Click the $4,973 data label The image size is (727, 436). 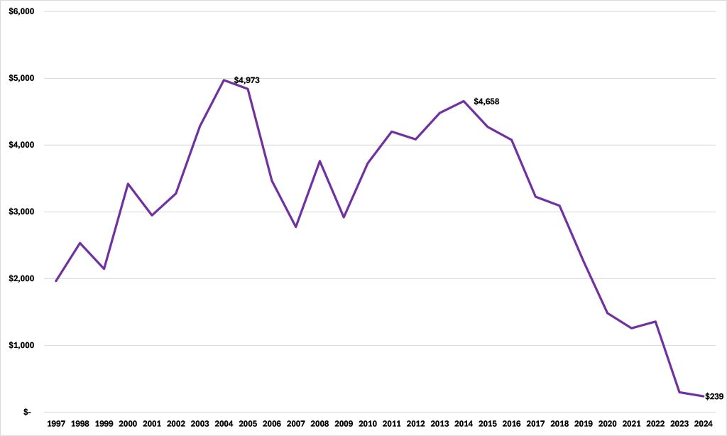(x=246, y=80)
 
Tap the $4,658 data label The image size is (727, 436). (x=486, y=102)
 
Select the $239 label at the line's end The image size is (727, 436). (x=714, y=396)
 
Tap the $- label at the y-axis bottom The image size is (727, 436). (x=26, y=412)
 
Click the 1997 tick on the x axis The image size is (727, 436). (x=55, y=424)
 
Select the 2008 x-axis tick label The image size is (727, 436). (x=319, y=424)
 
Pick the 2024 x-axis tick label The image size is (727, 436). (x=704, y=424)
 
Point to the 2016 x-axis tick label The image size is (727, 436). (x=511, y=424)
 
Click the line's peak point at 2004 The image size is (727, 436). (x=224, y=80)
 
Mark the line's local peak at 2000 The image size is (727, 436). (x=128, y=184)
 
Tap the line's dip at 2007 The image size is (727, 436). (x=295, y=227)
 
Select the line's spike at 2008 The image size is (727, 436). (x=319, y=161)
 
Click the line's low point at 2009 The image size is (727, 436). (x=344, y=217)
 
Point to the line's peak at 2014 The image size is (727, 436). (x=464, y=101)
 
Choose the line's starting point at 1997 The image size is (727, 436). (x=55, y=281)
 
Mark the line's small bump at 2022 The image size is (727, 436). (x=655, y=322)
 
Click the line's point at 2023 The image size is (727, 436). (x=679, y=392)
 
